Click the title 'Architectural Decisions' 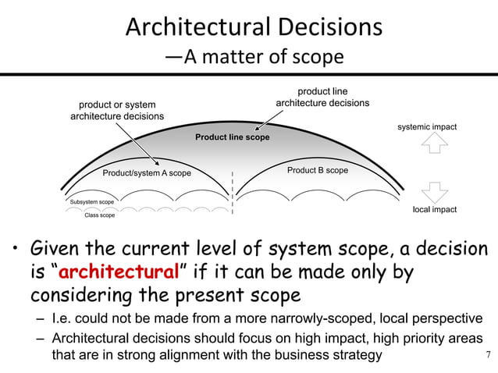(x=254, y=27)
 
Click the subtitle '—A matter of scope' (x=254, y=59)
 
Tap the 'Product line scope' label (x=232, y=137)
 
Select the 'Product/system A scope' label (x=147, y=173)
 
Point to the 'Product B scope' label (x=317, y=170)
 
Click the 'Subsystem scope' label (x=92, y=202)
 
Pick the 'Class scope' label (x=99, y=215)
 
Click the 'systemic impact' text (x=427, y=127)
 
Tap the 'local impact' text (x=434, y=210)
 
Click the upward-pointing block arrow (x=434, y=147)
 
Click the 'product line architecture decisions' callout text (x=323, y=98)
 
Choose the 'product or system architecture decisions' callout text (x=117, y=111)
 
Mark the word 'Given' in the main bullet (x=55, y=251)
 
